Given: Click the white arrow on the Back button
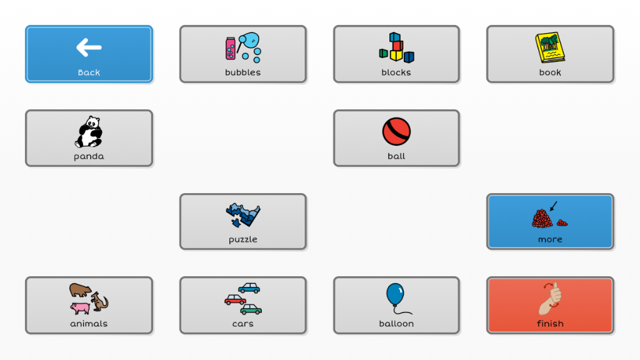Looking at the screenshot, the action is point(89,47).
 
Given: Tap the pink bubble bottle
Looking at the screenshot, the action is point(231,49).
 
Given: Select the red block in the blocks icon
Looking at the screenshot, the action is point(398,45).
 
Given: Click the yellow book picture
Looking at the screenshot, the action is point(550,47).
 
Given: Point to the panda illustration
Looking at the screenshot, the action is point(89,131).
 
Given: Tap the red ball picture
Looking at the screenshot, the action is point(396,131).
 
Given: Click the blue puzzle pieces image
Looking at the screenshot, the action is point(243,215).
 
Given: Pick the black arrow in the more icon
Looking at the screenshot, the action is point(554,206).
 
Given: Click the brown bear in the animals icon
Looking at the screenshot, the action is point(80,290).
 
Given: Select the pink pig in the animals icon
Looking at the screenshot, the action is point(80,307).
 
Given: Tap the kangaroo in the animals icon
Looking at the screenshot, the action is point(99,301).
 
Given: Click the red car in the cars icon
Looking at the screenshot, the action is point(235,300).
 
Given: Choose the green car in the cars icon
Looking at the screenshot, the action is point(251,309).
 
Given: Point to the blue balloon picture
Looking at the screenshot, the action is point(395,294).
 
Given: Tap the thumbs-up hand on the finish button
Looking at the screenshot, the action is point(550,299).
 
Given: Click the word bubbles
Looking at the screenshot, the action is point(243,72).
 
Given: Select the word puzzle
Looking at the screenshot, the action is point(243,239).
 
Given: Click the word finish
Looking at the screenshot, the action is point(550,324).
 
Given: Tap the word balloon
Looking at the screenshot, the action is point(396,324).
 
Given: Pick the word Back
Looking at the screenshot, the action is point(89,72).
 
